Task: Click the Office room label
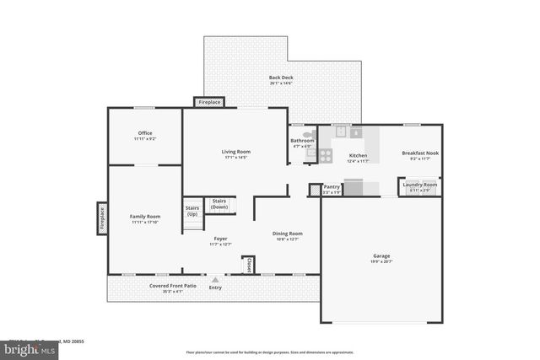pos(144,133)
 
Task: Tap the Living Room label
pos(236,152)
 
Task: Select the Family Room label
pos(144,217)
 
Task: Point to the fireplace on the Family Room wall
pos(102,218)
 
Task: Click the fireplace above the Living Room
pos(209,102)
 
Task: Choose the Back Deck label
pos(281,78)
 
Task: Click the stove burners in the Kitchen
pos(325,155)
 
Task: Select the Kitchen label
pos(359,155)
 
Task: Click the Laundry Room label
pos(419,185)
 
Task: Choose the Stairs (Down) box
pos(219,203)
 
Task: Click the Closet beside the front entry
pos(249,265)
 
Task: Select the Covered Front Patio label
pos(173,286)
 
